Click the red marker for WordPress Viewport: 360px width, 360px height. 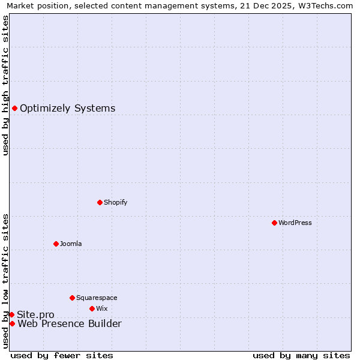tap(274, 223)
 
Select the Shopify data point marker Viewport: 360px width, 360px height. tap(100, 202)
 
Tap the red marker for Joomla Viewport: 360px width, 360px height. tap(56, 244)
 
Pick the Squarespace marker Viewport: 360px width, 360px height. tap(72, 298)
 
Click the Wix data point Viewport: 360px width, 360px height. tap(92, 308)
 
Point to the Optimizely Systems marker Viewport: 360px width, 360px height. tap(14, 108)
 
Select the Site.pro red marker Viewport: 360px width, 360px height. tap(11, 314)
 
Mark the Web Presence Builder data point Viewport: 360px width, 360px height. tap(12, 323)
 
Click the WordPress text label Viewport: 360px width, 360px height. tap(295, 223)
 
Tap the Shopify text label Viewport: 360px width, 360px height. tap(116, 202)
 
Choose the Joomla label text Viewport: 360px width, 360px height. tap(71, 244)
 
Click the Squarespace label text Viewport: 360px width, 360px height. tap(97, 298)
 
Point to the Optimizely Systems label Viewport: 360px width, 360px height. tap(68, 109)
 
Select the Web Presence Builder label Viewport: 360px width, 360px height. tap(70, 324)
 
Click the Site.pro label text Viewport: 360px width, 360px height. tap(35, 315)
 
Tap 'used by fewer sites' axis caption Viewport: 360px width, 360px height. tap(62, 355)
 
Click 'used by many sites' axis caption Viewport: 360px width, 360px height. tap(301, 355)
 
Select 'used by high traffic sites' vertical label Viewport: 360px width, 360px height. tap(5, 85)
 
